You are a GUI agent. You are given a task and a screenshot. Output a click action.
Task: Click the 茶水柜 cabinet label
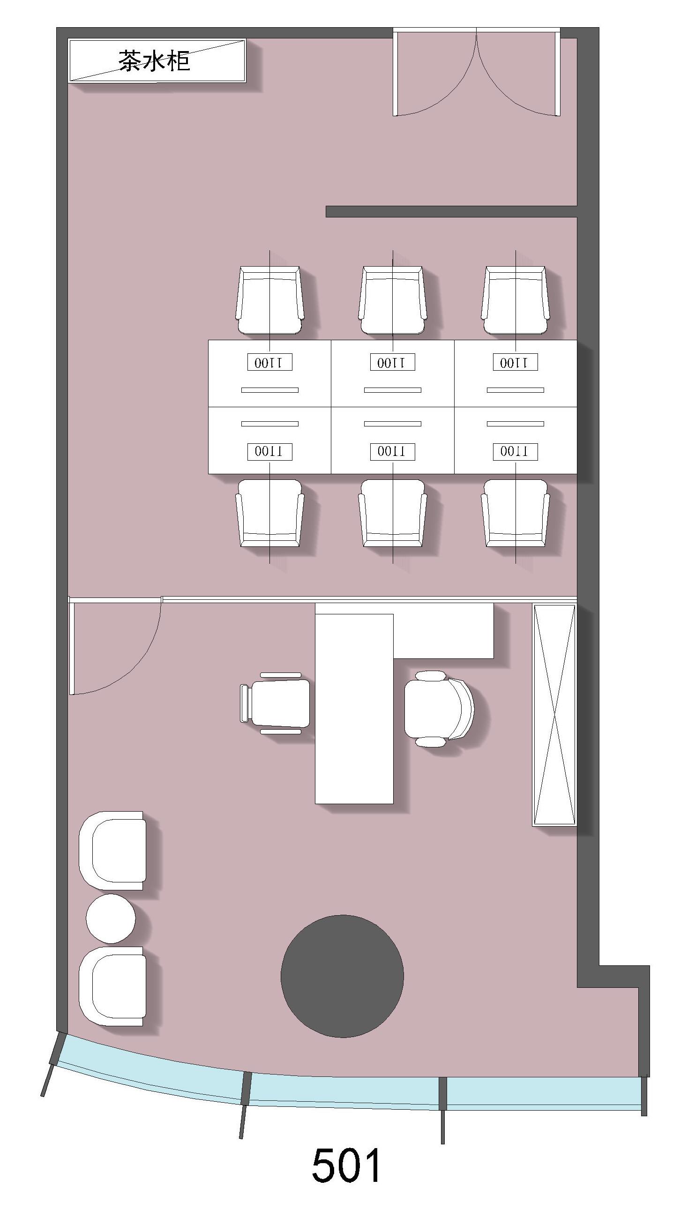click(154, 61)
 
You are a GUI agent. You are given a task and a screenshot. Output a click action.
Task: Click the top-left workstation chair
click(269, 300)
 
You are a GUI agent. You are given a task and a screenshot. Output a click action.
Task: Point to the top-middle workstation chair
click(392, 300)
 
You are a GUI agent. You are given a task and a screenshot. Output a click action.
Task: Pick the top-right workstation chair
click(516, 300)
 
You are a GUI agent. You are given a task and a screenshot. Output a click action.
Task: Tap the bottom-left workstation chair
click(269, 513)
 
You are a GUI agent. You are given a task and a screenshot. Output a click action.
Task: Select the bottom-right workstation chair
click(516, 513)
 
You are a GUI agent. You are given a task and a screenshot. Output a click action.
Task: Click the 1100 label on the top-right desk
click(516, 362)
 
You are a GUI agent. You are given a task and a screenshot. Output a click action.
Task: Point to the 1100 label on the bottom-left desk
click(269, 451)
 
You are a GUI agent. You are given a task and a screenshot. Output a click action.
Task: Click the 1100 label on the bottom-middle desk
click(392, 451)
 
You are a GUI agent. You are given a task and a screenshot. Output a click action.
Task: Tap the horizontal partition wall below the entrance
click(452, 211)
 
